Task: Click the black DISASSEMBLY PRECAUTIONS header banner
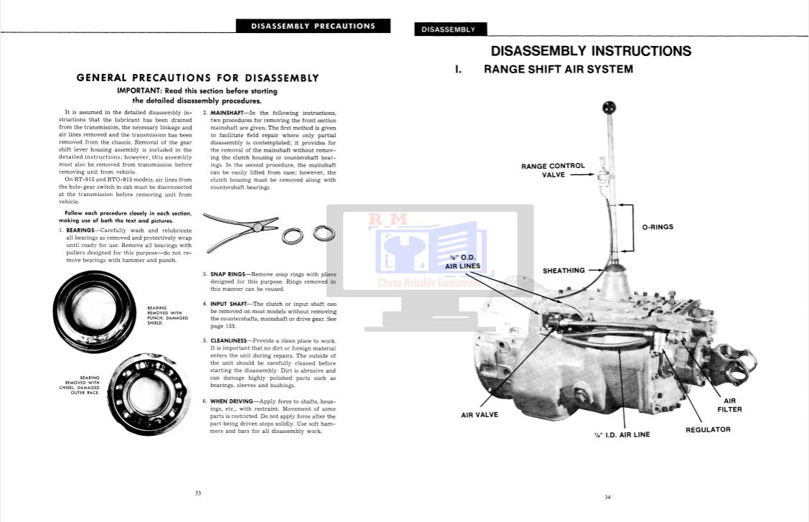(x=313, y=27)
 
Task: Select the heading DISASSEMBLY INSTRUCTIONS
(x=590, y=51)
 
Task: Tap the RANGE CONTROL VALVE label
(x=553, y=170)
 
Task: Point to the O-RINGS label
(x=658, y=227)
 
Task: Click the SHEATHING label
(x=564, y=271)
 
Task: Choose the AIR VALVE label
(x=480, y=414)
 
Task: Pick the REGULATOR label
(x=708, y=429)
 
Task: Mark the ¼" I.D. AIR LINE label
(x=622, y=434)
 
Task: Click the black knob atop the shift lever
(x=609, y=109)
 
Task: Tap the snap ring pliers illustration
(x=237, y=231)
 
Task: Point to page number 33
(x=198, y=493)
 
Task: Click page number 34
(x=607, y=497)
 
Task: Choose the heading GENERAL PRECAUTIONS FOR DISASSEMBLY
(x=197, y=78)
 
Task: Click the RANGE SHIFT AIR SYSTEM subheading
(x=558, y=70)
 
